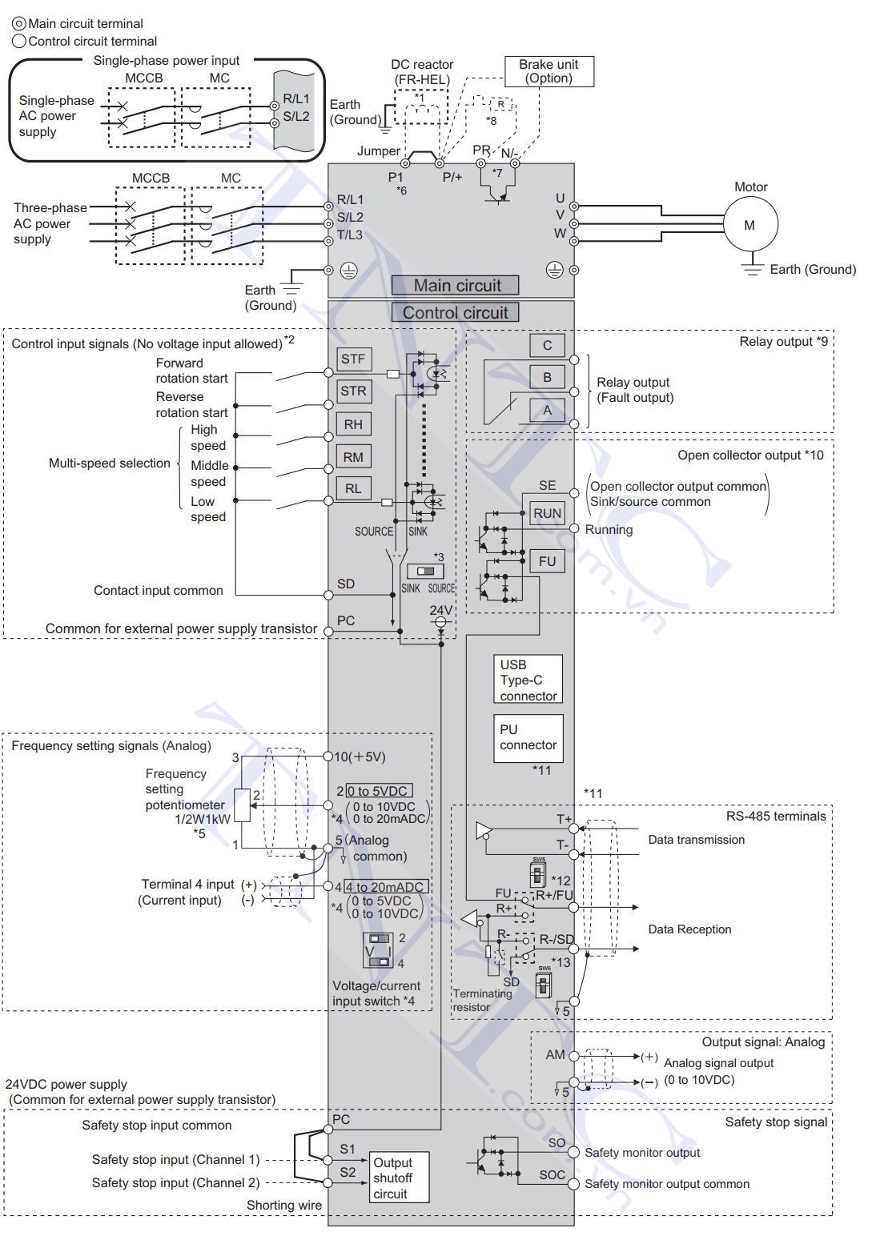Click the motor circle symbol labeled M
(x=750, y=224)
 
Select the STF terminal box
(x=354, y=359)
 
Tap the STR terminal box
(x=354, y=391)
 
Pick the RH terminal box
(x=354, y=424)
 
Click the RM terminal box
(x=354, y=457)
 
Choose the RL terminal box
(x=354, y=489)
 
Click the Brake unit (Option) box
(x=549, y=71)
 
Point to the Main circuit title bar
(x=456, y=285)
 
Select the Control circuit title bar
(x=456, y=312)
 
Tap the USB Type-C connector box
(x=528, y=680)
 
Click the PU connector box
(x=528, y=738)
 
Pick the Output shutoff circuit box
(x=399, y=1178)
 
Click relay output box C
(x=548, y=345)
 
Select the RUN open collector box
(x=548, y=514)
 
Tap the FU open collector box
(x=548, y=561)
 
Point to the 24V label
(x=441, y=610)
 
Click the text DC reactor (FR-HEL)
(x=422, y=72)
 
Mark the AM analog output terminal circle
(x=574, y=1056)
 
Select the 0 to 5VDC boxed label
(x=380, y=791)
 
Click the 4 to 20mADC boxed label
(x=386, y=887)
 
